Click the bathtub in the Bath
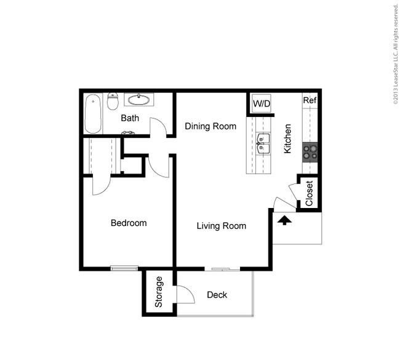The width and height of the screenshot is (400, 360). click(x=93, y=114)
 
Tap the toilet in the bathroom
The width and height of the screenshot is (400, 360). click(x=113, y=101)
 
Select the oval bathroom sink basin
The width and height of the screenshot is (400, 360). click(x=139, y=100)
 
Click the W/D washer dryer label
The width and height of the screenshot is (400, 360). click(x=262, y=103)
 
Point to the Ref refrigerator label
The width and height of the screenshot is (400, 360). click(x=310, y=100)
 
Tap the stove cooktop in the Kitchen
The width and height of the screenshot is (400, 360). click(x=310, y=152)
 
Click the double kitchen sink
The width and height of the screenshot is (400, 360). click(x=263, y=143)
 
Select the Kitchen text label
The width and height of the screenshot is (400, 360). click(x=287, y=138)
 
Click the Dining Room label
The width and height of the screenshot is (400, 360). click(x=210, y=126)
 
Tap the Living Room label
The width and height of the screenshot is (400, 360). click(x=222, y=226)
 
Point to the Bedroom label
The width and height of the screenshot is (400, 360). click(x=129, y=223)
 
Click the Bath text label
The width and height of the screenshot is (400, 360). click(x=130, y=118)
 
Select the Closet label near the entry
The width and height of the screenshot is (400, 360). click(x=309, y=193)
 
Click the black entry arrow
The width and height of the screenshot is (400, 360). click(x=284, y=220)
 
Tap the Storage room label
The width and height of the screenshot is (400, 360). click(x=159, y=292)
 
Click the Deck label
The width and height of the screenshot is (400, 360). click(x=217, y=295)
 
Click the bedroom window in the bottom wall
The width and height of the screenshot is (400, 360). click(x=124, y=268)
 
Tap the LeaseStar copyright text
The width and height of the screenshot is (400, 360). click(x=396, y=54)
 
